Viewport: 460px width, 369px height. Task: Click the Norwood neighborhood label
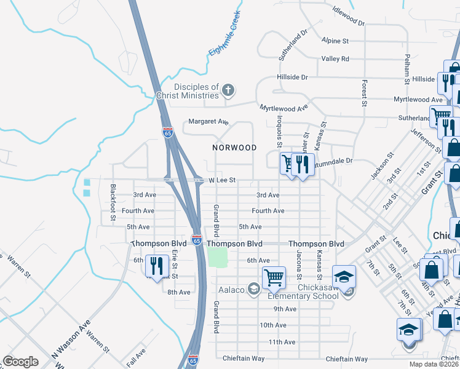click(x=234, y=148)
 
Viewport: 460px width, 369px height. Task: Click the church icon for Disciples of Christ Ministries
click(x=228, y=91)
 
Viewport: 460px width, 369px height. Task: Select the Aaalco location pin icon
click(x=253, y=290)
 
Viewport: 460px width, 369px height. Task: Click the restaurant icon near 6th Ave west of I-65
click(x=156, y=266)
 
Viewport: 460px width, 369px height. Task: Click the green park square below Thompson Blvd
click(x=217, y=256)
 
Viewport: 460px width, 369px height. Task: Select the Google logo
click(x=20, y=362)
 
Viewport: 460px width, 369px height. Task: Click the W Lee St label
click(x=223, y=180)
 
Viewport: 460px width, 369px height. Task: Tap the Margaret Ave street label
click(x=208, y=122)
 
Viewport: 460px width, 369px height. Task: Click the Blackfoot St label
click(x=113, y=202)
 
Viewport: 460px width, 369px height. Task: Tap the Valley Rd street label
click(x=335, y=59)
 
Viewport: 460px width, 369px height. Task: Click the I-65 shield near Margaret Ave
click(x=168, y=132)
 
